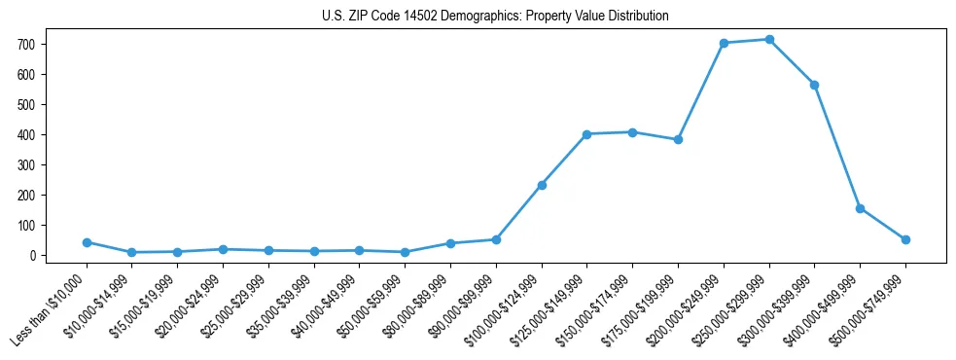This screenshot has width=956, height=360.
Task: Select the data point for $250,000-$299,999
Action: pos(769,40)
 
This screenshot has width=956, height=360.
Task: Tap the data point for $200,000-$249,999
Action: pos(724,43)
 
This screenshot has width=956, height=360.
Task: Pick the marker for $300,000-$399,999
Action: pos(815,85)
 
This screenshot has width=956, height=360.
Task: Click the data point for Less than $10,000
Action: pos(87,242)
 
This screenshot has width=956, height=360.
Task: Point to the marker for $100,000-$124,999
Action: pos(542,185)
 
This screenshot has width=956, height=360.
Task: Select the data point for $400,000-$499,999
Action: pos(860,208)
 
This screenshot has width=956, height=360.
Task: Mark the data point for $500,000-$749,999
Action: pos(905,239)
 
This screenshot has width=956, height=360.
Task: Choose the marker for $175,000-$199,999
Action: pos(678,139)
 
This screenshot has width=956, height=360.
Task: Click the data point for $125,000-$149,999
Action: pos(587,134)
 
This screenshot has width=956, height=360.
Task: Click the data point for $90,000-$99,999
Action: pos(496,239)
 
